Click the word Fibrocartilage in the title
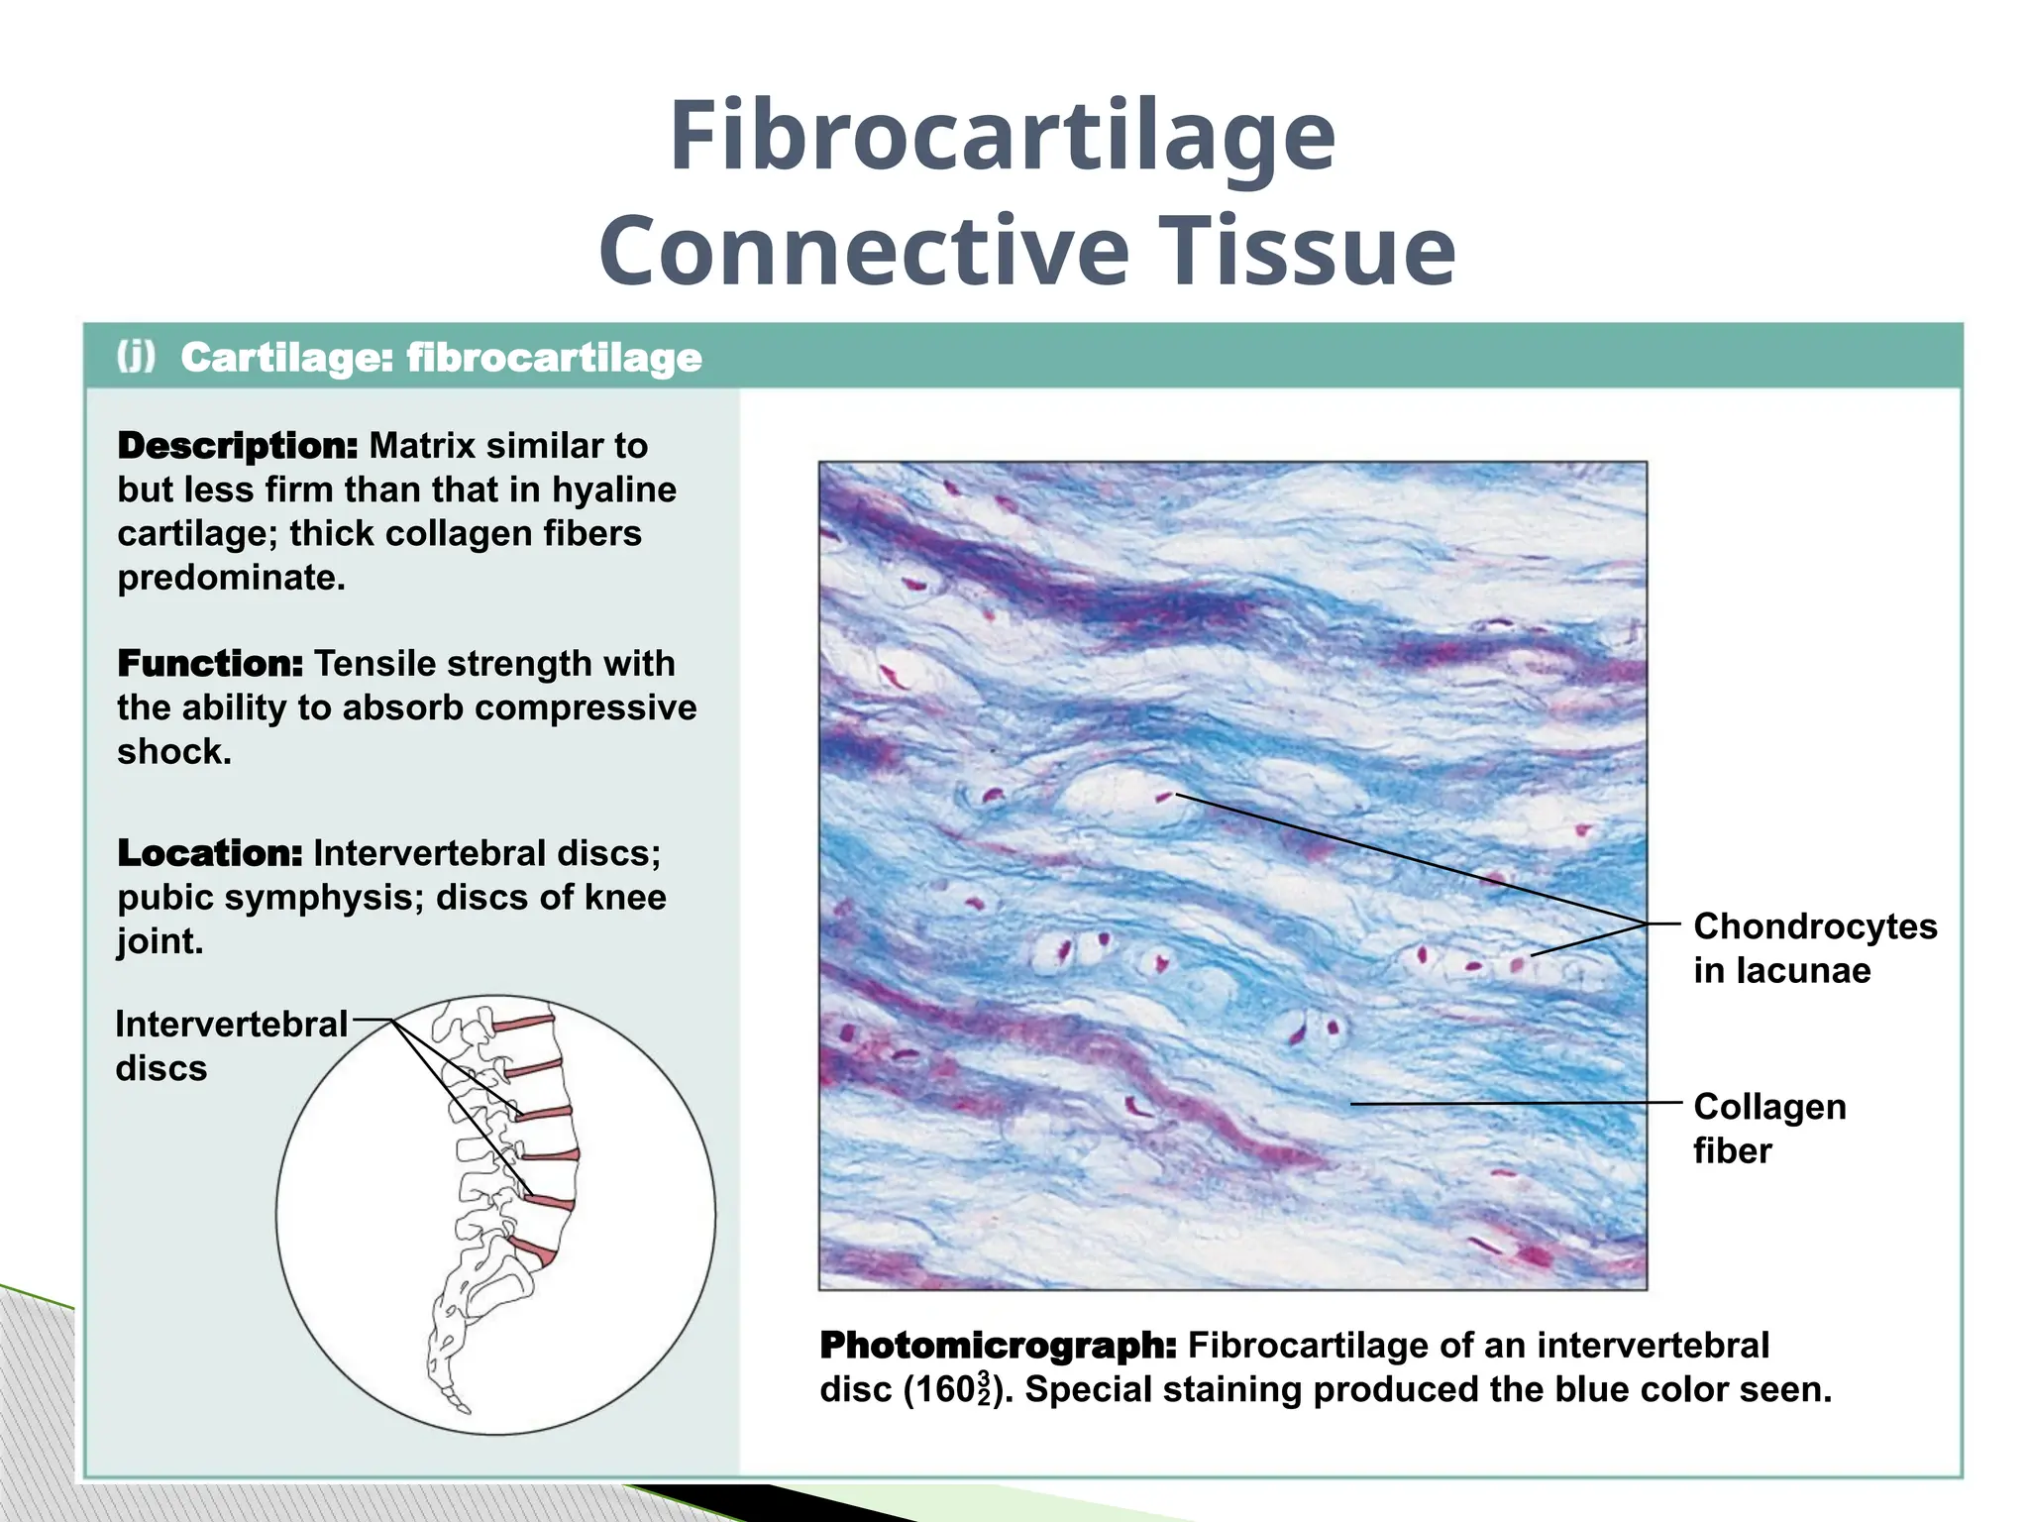(x=1003, y=139)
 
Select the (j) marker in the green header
(x=137, y=356)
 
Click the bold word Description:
(x=238, y=446)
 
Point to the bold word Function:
(x=210, y=663)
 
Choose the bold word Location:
(x=210, y=853)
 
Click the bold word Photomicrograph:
(x=999, y=1346)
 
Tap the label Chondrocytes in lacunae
(x=1813, y=947)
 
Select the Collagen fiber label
(x=1768, y=1128)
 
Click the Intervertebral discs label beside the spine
(x=231, y=1045)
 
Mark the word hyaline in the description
(x=614, y=489)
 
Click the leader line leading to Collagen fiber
(x=1516, y=1103)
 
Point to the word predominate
(x=232, y=577)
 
